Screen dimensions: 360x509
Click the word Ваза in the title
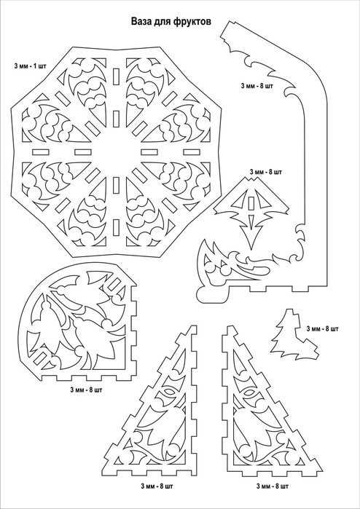pos(141,22)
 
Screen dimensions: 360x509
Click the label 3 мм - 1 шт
pos(30,66)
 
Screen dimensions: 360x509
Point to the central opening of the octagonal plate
pos(116,152)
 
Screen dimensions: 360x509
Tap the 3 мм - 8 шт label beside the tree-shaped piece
pos(322,329)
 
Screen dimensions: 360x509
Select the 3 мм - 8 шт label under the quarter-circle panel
pos(86,390)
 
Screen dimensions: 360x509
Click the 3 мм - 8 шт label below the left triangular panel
pos(157,486)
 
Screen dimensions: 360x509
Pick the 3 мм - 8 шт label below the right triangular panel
pos(273,486)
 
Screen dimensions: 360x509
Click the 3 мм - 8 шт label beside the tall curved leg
pos(257,87)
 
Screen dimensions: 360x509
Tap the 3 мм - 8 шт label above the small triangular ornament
pos(266,172)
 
